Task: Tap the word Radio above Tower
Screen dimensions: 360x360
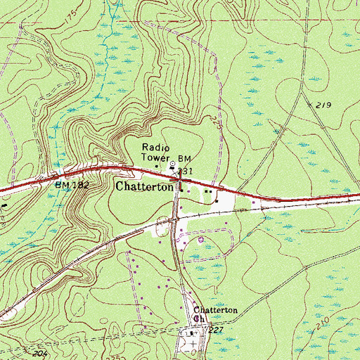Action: coord(153,147)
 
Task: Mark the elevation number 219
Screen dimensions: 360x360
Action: coord(323,105)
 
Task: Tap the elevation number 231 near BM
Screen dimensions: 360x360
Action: coord(185,171)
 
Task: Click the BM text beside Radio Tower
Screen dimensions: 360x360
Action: coord(184,159)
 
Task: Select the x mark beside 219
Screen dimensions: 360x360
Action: coord(309,104)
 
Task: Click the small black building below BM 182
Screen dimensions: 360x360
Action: coord(1,207)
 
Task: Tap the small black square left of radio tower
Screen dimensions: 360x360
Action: coord(156,167)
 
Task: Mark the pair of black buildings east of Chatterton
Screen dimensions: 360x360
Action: coord(207,191)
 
